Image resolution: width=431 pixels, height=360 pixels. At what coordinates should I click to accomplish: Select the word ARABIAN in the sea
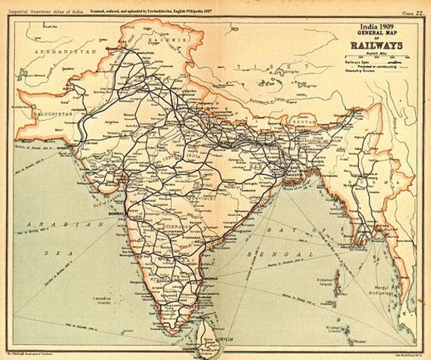48,224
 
